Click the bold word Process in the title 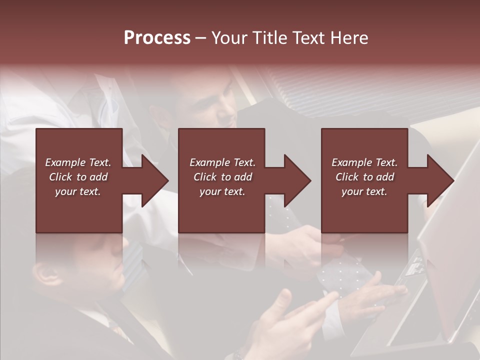(x=157, y=38)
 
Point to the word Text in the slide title (x=307, y=38)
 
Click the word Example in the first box (x=65, y=162)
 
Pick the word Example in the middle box (x=209, y=162)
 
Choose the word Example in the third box (x=351, y=162)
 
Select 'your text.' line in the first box (x=78, y=191)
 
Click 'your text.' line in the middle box (x=222, y=191)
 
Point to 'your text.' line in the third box (x=364, y=191)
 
